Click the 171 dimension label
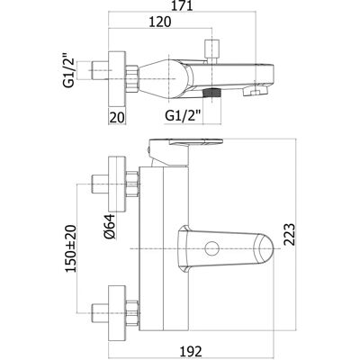[x=182, y=5]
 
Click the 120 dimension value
[x=159, y=22]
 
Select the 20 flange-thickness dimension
[x=117, y=117]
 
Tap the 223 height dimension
[x=290, y=235]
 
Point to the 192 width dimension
[x=191, y=351]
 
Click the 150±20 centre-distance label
[x=71, y=248]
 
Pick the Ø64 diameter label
[x=110, y=226]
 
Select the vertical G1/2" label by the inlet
[x=69, y=70]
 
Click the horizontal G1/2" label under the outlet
[x=183, y=115]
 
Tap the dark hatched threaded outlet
[x=211, y=93]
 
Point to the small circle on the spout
[x=211, y=248]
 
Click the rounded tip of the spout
[x=264, y=248]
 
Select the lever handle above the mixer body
[x=186, y=144]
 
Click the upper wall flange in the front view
[x=117, y=184]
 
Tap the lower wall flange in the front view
[x=117, y=313]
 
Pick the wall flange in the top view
[x=117, y=79]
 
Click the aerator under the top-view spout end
[x=256, y=91]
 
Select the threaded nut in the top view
[x=132, y=78]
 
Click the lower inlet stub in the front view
[x=100, y=313]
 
